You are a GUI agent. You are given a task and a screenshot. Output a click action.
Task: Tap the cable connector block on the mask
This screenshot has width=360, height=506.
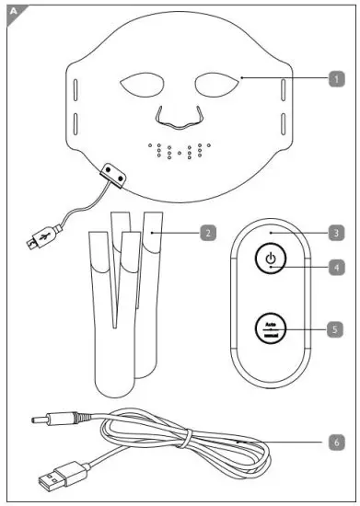coord(115,172)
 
